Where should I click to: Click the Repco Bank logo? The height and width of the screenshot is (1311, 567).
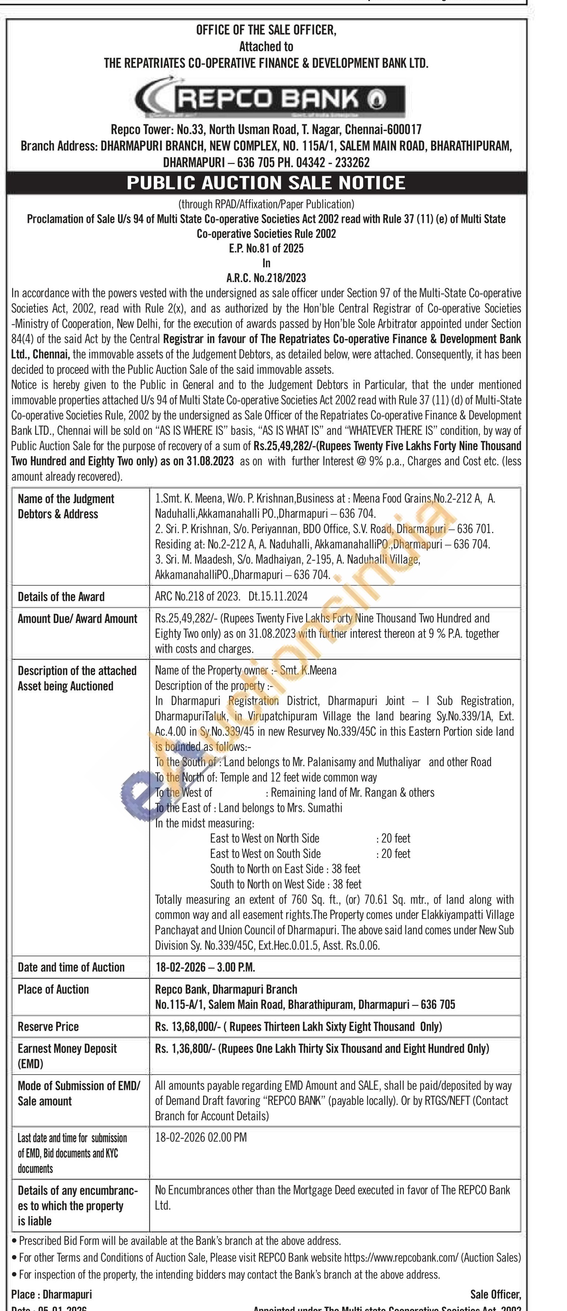[x=270, y=98]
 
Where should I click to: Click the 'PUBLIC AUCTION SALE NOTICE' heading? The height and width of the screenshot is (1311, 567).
[x=266, y=183]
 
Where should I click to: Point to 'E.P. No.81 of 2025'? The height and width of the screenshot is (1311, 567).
[x=266, y=248]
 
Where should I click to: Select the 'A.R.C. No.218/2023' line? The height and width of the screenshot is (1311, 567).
[x=266, y=278]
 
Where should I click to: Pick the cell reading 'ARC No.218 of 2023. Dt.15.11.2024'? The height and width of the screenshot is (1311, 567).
[x=231, y=596]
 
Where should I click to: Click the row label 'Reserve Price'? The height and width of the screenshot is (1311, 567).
[x=48, y=1026]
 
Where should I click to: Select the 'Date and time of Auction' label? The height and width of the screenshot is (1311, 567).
[x=71, y=968]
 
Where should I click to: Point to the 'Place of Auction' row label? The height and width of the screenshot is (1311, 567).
[x=53, y=989]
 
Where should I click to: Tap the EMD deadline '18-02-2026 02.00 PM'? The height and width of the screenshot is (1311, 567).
[x=201, y=1137]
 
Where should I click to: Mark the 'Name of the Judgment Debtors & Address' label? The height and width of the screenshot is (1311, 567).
[x=66, y=506]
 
